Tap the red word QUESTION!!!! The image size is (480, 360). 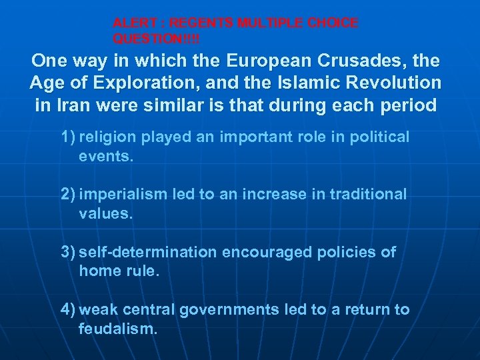click(156, 39)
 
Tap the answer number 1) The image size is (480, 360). click(68, 137)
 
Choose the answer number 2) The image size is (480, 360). click(68, 195)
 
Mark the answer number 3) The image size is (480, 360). click(68, 252)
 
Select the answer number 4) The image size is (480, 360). click(68, 310)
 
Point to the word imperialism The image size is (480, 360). click(123, 195)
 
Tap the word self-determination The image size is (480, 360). click(147, 252)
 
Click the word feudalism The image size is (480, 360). click(118, 329)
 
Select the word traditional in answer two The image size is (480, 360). click(369, 195)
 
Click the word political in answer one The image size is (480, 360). click(381, 137)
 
